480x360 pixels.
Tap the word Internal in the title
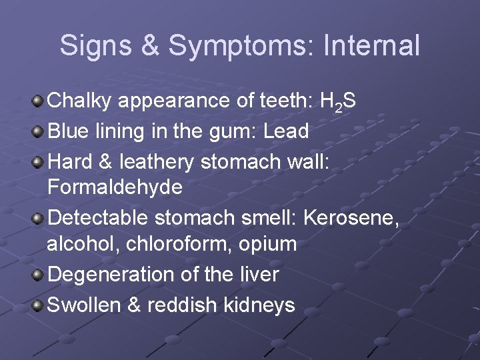pyautogui.click(x=371, y=45)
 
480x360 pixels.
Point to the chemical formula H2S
pyautogui.click(x=338, y=101)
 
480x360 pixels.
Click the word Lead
pyautogui.click(x=286, y=131)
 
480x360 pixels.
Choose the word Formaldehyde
pyautogui.click(x=115, y=187)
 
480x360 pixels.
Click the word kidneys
pyautogui.click(x=257, y=305)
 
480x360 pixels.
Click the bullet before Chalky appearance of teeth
pyautogui.click(x=39, y=101)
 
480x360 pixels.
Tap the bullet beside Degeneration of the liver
pyautogui.click(x=39, y=273)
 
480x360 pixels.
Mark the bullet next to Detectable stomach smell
pyautogui.click(x=39, y=217)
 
